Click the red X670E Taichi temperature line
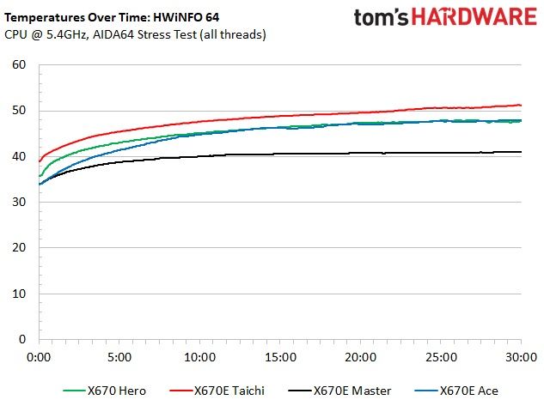point(280,116)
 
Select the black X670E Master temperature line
point(280,154)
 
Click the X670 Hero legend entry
point(105,391)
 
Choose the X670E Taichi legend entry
point(217,391)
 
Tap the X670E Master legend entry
point(339,391)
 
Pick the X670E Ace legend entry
point(456,391)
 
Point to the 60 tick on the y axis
point(19,64)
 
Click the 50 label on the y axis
point(19,111)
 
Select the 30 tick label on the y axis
point(19,202)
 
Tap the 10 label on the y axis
point(19,294)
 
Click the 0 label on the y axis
point(22,339)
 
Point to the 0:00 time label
point(39,357)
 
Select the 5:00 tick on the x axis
point(119,357)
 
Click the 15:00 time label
point(280,357)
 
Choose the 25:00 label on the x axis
point(442,357)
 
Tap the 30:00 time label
point(521,357)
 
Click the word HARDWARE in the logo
point(474,17)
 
